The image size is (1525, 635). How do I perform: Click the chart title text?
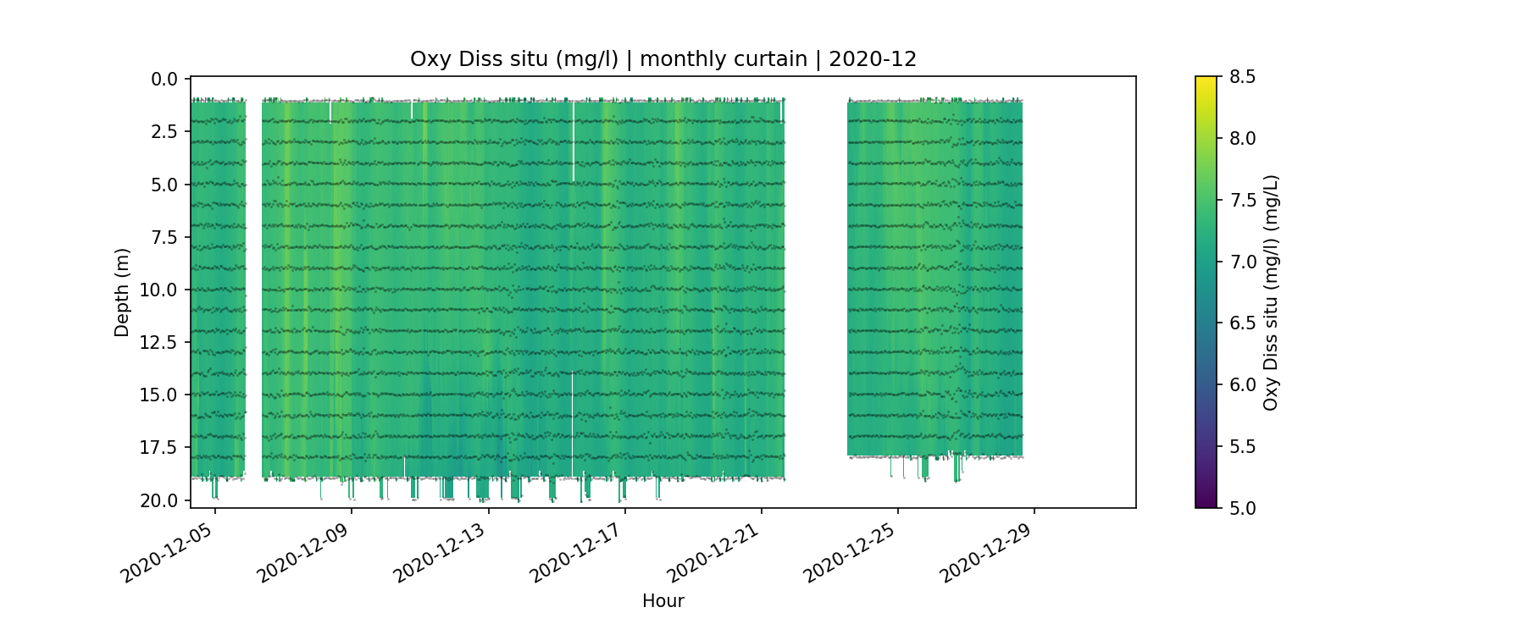click(663, 59)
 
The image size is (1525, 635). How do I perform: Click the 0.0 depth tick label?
click(164, 80)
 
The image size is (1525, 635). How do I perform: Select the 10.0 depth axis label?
click(160, 290)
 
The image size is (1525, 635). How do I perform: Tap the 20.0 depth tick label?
click(160, 501)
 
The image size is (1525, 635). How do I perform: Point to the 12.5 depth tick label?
click(160, 343)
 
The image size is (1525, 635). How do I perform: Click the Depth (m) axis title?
click(122, 292)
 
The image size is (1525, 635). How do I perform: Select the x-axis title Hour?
click(663, 601)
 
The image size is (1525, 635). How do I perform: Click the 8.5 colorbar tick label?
click(1242, 77)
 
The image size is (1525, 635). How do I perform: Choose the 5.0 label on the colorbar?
click(1242, 508)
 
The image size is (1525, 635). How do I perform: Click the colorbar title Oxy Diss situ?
click(1271, 292)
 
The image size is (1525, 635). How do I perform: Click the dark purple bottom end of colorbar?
click(1206, 504)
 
